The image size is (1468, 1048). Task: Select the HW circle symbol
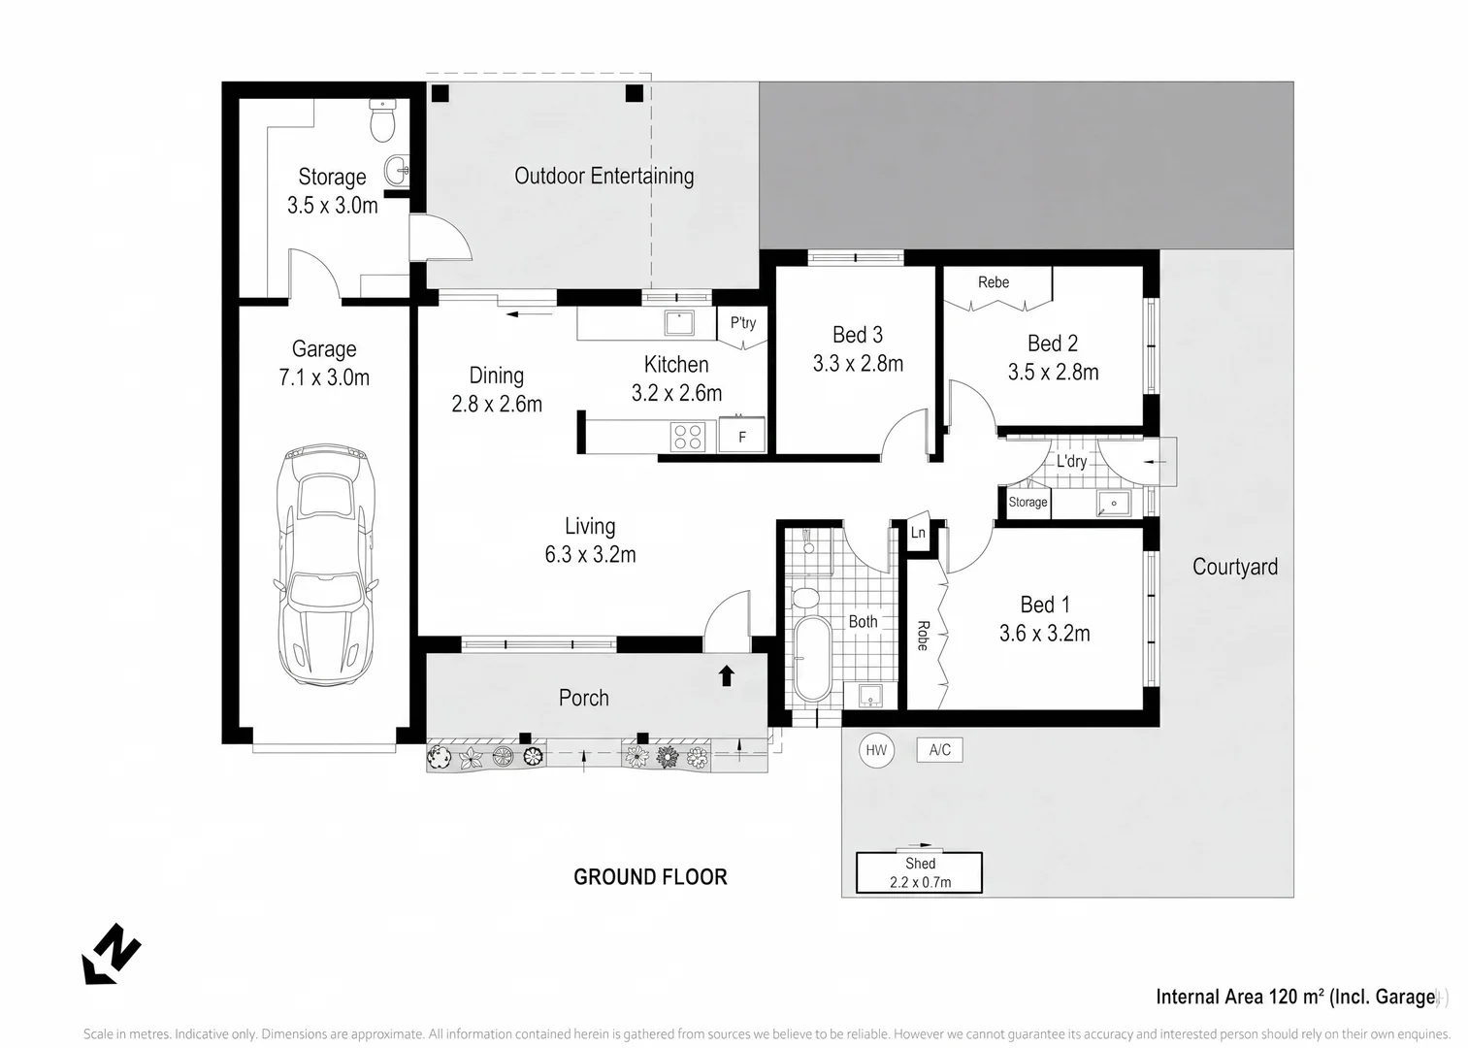[x=876, y=750]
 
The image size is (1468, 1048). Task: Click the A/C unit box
[x=940, y=750]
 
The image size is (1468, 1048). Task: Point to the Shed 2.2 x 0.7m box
[x=919, y=872]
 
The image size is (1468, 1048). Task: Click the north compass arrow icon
[x=111, y=954]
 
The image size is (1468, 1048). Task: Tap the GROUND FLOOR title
[x=650, y=877]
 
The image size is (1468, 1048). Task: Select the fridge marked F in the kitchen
[x=742, y=435]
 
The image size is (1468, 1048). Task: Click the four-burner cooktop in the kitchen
[x=688, y=437]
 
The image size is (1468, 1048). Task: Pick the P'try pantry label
[x=743, y=322]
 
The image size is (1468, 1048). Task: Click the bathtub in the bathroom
[x=813, y=659]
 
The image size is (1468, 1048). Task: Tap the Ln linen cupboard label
[x=918, y=532]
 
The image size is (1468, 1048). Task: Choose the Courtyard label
[x=1235, y=567]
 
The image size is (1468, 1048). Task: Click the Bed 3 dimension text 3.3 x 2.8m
[x=858, y=363]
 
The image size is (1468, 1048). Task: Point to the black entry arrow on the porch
[x=726, y=675]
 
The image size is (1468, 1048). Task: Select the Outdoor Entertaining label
[x=604, y=176]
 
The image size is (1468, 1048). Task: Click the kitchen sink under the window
[x=679, y=323]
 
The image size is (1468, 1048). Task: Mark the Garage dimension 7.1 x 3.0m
[x=324, y=377]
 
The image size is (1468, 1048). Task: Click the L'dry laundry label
[x=1071, y=461]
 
